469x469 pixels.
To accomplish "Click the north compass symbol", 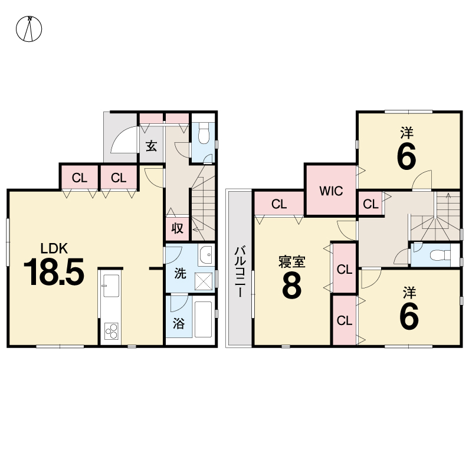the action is pos(29,29).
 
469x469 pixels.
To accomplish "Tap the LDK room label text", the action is pos(54,248).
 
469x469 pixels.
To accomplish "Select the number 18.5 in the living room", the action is pos(54,272).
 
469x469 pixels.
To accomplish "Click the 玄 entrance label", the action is pos(152,146).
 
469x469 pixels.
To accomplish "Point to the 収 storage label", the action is pos(178,228).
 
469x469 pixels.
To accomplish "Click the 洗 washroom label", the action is pos(180,273).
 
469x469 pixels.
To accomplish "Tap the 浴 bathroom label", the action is pos(179,323).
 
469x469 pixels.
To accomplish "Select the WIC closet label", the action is pos(331,191).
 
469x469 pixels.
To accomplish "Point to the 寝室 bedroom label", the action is pos(291,262).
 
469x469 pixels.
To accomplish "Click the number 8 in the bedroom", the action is pos(291,286).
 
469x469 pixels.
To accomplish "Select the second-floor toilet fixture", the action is pos(440,255).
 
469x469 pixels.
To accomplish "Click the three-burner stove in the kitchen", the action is pos(111,331).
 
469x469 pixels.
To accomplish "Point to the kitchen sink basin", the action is pos(111,286).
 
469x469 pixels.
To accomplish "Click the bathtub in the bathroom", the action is pos(204,319).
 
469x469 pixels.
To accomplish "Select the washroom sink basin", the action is pos(206,255).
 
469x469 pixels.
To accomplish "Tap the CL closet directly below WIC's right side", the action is pos(371,204).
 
